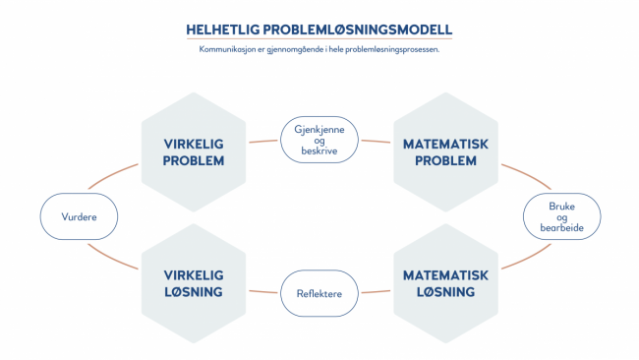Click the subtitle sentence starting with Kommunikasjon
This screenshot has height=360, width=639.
click(319, 49)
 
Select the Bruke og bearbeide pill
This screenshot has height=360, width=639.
click(561, 217)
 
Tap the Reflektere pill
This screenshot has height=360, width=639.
click(319, 293)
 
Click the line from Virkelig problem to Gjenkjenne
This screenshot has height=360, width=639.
click(263, 141)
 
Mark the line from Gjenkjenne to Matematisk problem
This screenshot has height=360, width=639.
click(375, 141)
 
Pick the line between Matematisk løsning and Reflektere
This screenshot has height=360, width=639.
click(375, 293)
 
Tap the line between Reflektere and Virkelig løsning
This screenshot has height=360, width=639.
click(263, 293)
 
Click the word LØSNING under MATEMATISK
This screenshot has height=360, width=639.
click(445, 293)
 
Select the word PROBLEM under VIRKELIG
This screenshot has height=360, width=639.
click(194, 161)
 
